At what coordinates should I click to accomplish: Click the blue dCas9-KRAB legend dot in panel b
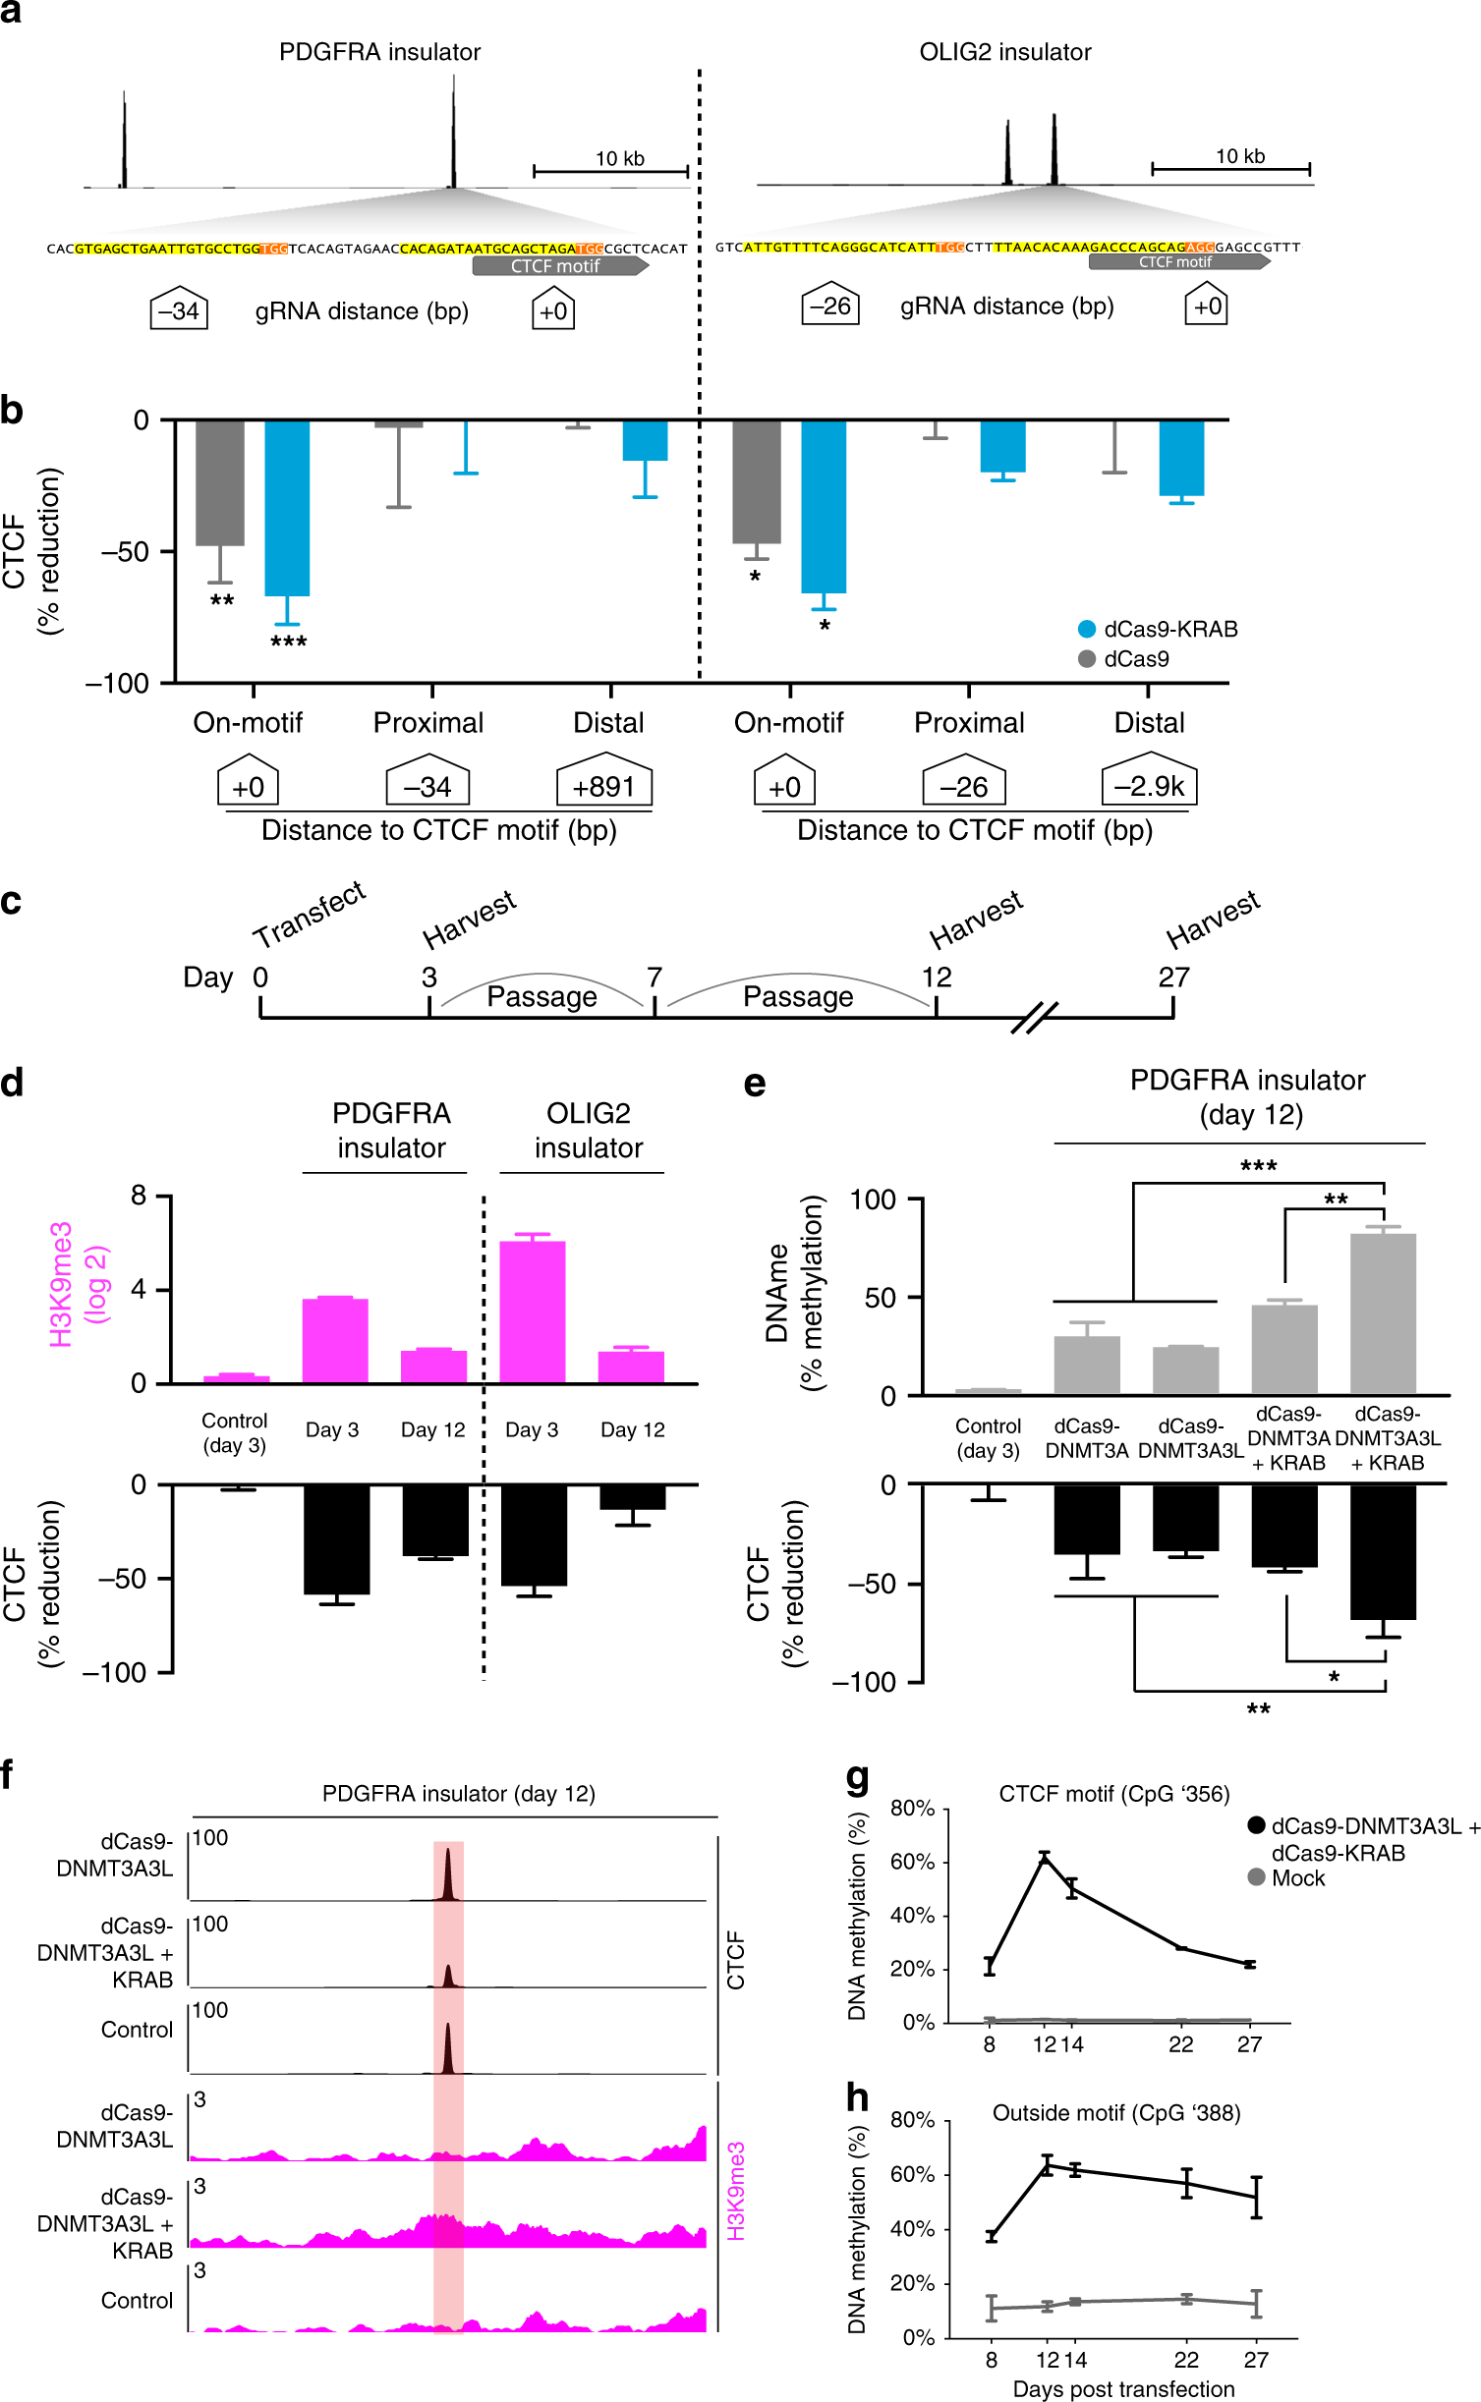click(x=1087, y=630)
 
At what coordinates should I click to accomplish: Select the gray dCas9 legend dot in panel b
click(x=1087, y=659)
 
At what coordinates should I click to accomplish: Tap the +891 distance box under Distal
click(x=603, y=786)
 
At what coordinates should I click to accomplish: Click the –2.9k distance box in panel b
click(x=1149, y=785)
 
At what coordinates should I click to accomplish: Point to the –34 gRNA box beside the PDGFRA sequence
click(x=179, y=311)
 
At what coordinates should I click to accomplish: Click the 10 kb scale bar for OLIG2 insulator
click(x=1231, y=169)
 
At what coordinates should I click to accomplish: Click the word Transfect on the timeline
click(x=310, y=915)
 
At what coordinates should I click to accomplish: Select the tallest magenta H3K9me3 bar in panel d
click(x=532, y=1312)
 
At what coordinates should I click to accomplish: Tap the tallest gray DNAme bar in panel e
click(x=1383, y=1313)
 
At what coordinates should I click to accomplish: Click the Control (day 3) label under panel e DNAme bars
click(x=988, y=1438)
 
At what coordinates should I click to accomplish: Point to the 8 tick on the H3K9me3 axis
click(x=139, y=1196)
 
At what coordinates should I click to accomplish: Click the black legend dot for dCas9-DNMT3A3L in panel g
click(x=1256, y=1826)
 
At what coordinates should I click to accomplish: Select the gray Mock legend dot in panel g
click(x=1256, y=1877)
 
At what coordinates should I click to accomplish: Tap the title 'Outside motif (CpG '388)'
click(x=1115, y=2113)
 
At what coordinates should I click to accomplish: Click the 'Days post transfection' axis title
click(x=1123, y=2389)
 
